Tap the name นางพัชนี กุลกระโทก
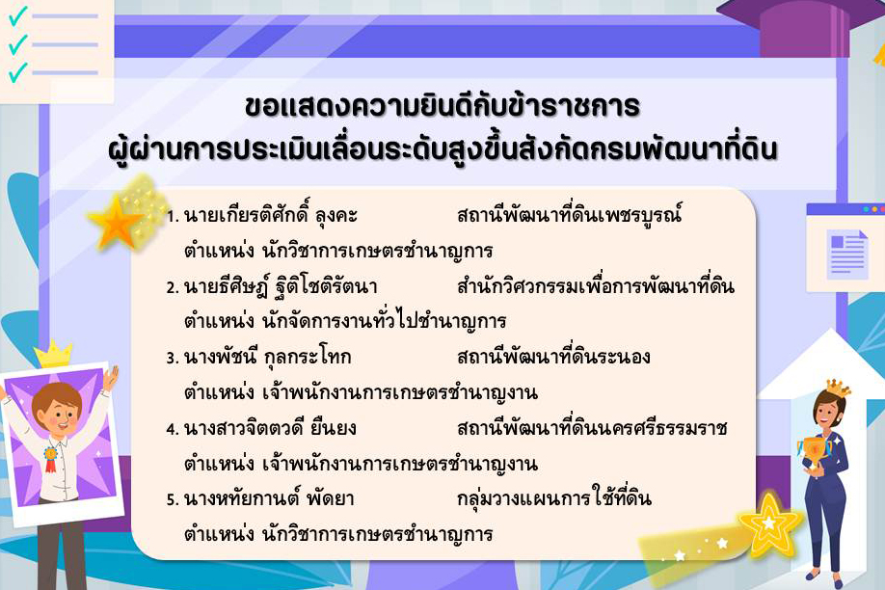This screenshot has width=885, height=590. (267, 358)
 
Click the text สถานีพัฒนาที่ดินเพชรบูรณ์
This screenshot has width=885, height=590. (570, 215)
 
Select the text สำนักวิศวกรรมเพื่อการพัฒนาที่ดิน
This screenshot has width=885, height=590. (596, 286)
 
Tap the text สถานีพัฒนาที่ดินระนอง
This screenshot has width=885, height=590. (554, 358)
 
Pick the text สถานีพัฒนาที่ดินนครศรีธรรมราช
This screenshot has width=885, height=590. (593, 428)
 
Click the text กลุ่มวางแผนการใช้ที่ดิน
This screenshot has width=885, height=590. (554, 499)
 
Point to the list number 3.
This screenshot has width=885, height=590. (172, 359)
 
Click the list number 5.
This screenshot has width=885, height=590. (172, 500)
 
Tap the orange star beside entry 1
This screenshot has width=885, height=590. (119, 223)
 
